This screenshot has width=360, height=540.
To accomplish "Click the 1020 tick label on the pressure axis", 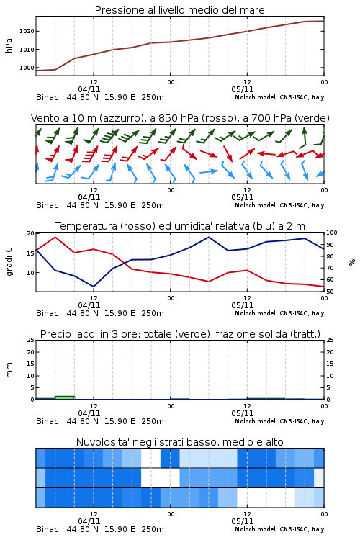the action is (x=27, y=31).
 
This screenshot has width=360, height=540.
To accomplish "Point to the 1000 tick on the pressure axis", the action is (x=27, y=68).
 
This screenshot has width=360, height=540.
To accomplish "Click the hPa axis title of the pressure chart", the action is (x=9, y=45).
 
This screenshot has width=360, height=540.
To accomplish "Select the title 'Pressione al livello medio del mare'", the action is (x=180, y=10).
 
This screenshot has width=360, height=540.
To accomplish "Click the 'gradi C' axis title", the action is (x=9, y=262).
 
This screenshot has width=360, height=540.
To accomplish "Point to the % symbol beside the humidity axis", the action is (x=352, y=262).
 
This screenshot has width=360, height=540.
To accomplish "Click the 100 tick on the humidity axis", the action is (x=332, y=233).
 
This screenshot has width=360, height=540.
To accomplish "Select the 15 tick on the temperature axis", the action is (x=31, y=253).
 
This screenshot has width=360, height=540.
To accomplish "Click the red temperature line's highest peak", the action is (x=55, y=238).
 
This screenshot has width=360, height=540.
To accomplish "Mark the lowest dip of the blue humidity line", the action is (x=94, y=287).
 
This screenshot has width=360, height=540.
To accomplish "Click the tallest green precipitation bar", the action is (x=65, y=397).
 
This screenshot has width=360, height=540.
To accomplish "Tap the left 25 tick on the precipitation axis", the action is (x=31, y=340).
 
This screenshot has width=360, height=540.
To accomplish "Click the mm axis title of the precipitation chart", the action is (x=9, y=370).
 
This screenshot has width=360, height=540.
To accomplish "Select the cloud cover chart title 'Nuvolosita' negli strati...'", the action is (x=180, y=442).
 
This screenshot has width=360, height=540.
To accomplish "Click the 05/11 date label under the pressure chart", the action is (x=243, y=89).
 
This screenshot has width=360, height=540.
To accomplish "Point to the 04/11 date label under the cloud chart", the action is (x=89, y=521).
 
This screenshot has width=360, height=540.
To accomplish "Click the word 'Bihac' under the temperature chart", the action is (x=48, y=313).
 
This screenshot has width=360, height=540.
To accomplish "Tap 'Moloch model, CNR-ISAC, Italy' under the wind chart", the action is (x=279, y=205).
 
